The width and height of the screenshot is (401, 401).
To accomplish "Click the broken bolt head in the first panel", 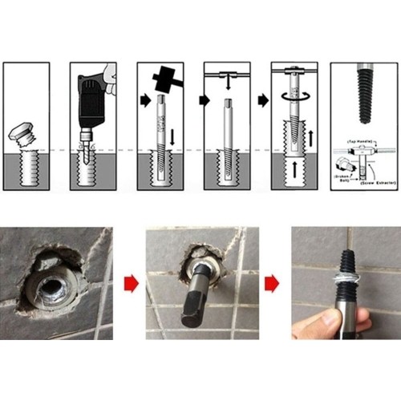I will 25,133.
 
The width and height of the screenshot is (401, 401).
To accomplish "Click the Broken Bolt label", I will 344,167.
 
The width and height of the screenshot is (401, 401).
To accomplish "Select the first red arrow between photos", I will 128,282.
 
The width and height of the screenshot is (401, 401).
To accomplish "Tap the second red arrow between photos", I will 273,282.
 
